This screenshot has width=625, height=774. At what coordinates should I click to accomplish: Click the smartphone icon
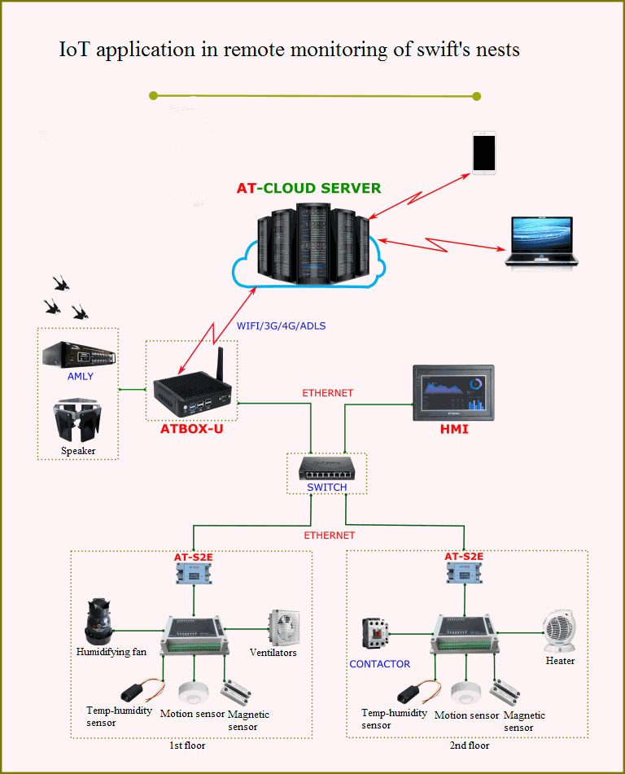point(484,152)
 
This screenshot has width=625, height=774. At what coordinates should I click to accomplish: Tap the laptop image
point(541,242)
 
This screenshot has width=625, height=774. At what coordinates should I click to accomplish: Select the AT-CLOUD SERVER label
point(308,188)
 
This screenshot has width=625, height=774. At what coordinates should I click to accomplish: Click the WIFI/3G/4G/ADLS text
point(281,326)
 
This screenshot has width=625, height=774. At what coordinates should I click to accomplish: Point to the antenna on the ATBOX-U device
point(217,364)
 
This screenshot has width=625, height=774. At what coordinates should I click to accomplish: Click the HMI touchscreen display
point(453,391)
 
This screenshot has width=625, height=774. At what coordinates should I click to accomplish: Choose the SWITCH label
point(327,488)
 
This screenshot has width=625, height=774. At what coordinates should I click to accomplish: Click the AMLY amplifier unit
point(79,355)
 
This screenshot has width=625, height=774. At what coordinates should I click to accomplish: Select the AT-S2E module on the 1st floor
point(194,574)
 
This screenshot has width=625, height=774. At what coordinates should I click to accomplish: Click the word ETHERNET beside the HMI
point(328,393)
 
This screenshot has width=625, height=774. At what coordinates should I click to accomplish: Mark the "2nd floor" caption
point(470,745)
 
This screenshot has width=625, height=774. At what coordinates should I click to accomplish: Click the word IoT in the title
point(74,50)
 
